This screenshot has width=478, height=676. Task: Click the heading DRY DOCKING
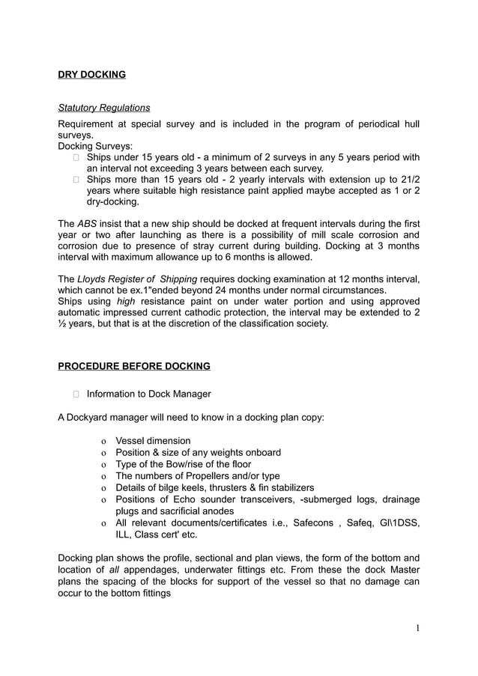[91, 75]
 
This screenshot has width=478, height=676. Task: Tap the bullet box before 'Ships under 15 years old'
[76, 157]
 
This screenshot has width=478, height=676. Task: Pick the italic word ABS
[87, 224]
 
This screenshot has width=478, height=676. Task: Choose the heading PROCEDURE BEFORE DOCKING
[134, 366]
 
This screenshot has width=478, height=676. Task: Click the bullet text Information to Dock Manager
[148, 394]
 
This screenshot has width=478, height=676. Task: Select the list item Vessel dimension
[153, 441]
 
